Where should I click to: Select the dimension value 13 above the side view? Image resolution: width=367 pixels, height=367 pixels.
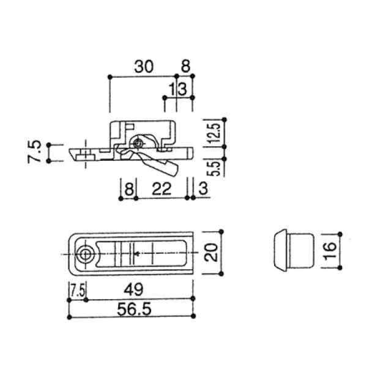[177, 89]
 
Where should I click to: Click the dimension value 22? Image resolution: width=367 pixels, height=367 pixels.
[160, 190]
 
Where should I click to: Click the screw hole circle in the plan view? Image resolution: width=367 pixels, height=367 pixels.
[86, 253]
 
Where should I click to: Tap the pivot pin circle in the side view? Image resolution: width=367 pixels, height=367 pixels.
[141, 143]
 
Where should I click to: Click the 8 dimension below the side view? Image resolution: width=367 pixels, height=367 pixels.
[128, 190]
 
